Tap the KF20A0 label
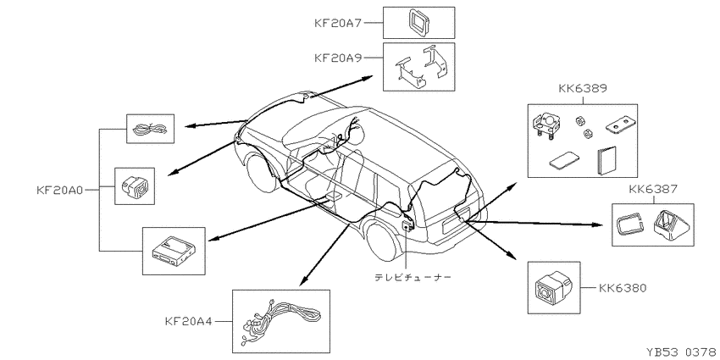coord(59,190)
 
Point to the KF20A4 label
coord(188,321)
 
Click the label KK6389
coord(582,88)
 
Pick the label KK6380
coord(623,288)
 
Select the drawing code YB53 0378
coord(683,352)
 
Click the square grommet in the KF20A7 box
coord(418,23)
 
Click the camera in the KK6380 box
coord(551,288)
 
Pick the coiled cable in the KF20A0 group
coord(150,129)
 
